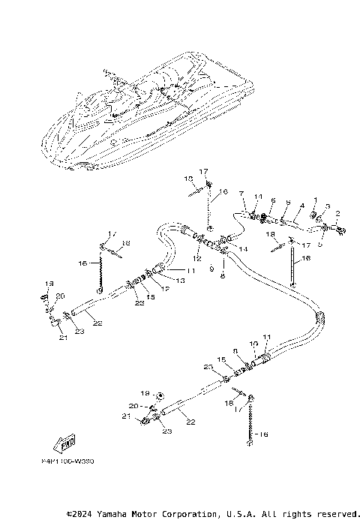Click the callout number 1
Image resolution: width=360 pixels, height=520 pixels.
coord(316,200)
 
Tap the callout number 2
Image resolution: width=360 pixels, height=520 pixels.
coord(337,214)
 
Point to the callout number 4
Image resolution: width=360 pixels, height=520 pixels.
coord(301,205)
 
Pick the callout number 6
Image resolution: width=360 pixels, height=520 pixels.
coord(274,201)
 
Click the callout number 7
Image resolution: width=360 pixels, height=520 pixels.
coord(241,194)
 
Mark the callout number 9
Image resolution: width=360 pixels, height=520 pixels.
coord(212,267)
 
